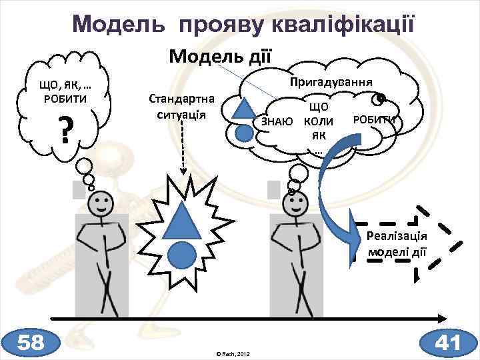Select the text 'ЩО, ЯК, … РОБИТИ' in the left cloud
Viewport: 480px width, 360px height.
point(65,91)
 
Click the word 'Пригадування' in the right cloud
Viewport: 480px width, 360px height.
point(331,83)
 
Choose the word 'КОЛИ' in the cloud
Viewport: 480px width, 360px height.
point(318,121)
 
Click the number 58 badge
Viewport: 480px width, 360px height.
point(31,343)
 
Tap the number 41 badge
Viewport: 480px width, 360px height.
point(448,343)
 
